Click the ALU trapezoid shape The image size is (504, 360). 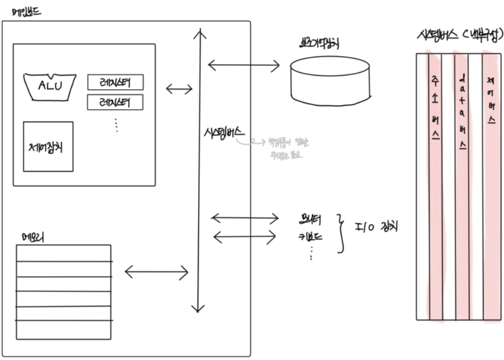pyautogui.click(x=49, y=85)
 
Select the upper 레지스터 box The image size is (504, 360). pyautogui.click(x=115, y=82)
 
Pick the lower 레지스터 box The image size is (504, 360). pyautogui.click(x=115, y=102)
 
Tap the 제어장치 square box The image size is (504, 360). pyautogui.click(x=48, y=146)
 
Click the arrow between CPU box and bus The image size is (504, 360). pyautogui.click(x=179, y=89)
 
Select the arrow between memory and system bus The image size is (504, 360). pyautogui.click(x=156, y=272)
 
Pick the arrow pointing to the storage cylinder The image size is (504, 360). pyautogui.click(x=243, y=65)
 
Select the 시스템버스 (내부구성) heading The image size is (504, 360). pyautogui.click(x=459, y=36)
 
